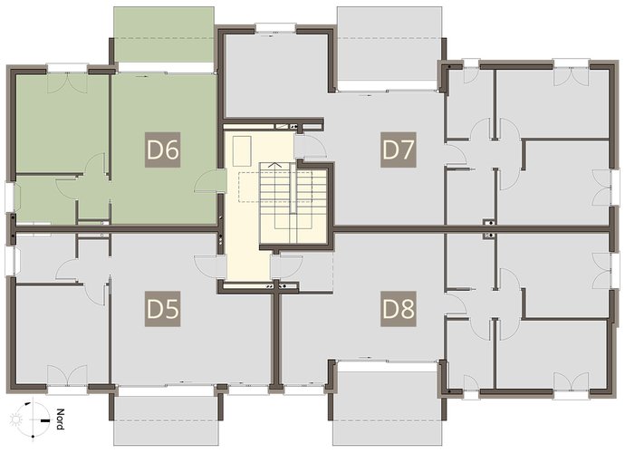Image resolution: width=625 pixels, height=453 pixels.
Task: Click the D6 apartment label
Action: pos(162,149)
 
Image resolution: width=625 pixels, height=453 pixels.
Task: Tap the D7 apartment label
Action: pos(399,149)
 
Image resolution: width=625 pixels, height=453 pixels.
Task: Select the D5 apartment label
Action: pos(162,309)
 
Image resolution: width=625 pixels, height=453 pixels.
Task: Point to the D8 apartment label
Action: pos(399,309)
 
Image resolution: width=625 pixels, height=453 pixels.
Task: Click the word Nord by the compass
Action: pos(60,419)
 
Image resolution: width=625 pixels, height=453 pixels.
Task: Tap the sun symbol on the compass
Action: pos(16,419)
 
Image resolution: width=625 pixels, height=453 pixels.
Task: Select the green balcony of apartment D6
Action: pos(164,34)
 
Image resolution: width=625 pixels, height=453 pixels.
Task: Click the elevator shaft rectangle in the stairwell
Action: pos(242,151)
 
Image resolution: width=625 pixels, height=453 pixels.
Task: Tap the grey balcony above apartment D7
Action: pos(389,43)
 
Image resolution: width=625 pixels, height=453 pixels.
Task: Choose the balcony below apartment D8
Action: pos(388,403)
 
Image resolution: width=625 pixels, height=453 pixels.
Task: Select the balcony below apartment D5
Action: pos(166,417)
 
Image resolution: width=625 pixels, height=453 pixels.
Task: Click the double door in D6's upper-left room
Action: pos(67,83)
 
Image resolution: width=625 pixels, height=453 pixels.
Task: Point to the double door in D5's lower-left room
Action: pos(67,375)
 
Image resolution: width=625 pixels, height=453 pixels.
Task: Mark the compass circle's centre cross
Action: pos(34,419)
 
